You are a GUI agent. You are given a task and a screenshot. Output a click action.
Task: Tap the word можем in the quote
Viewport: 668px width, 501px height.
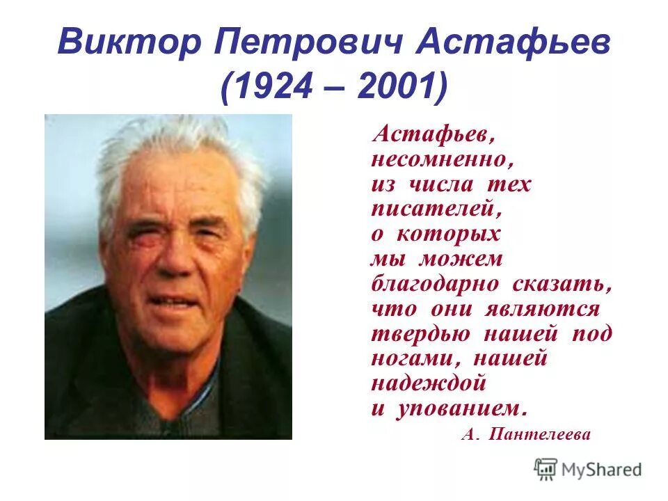coord(460,259)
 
